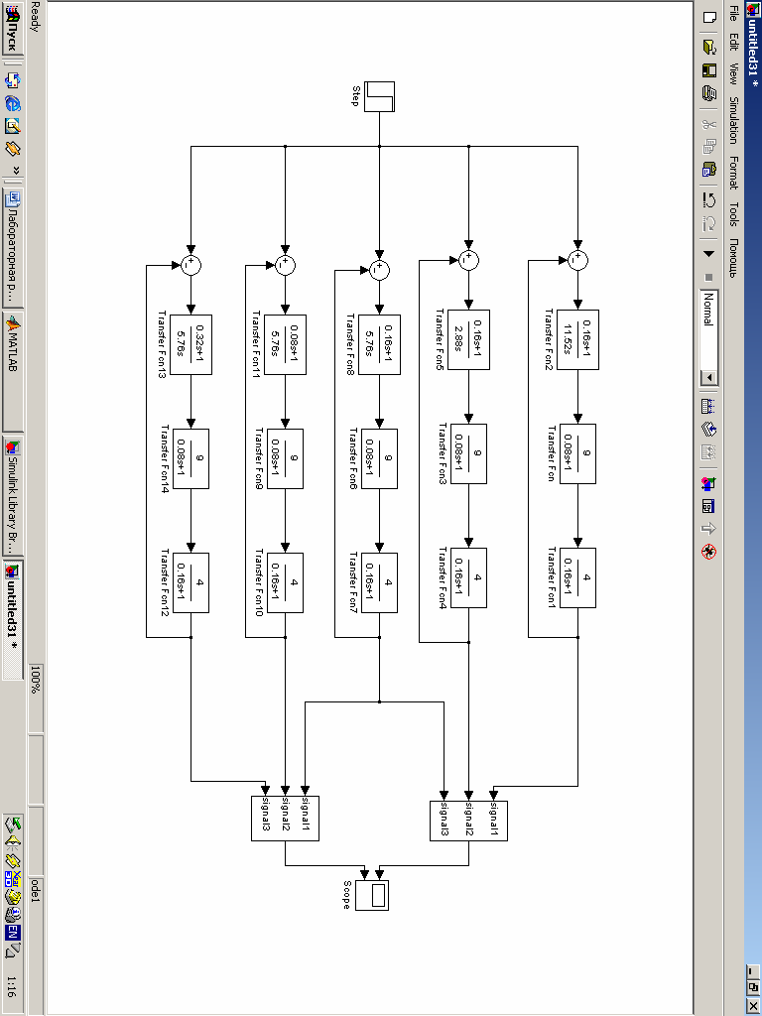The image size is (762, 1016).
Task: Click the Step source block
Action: [x=380, y=96]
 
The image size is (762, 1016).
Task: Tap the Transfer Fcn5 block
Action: [x=468, y=337]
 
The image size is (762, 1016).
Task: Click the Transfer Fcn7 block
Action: [x=378, y=580]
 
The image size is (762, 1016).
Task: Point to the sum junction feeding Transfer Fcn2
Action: [x=577, y=260]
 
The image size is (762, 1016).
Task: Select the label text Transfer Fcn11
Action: [x=255, y=346]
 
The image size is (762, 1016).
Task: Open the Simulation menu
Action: [x=734, y=119]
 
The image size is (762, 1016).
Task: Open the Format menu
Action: [x=734, y=172]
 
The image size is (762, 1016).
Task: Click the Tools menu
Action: [x=734, y=214]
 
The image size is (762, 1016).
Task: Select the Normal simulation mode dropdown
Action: [x=708, y=337]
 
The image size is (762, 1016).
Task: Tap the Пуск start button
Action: [x=13, y=38]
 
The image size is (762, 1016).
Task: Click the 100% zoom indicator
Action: [x=36, y=681]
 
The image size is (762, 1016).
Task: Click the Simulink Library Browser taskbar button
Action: [x=13, y=495]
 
